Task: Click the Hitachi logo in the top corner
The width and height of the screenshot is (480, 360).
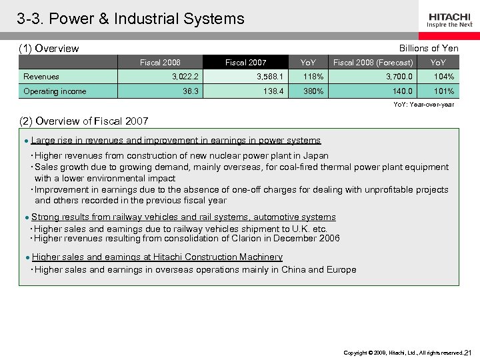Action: click(x=450, y=19)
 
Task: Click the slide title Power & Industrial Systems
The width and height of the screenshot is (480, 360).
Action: click(x=131, y=19)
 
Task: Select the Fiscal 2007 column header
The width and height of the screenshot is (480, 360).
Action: click(x=245, y=63)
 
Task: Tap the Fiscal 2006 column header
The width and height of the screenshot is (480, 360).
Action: click(x=160, y=63)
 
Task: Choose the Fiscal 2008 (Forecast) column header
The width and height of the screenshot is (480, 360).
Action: click(x=373, y=63)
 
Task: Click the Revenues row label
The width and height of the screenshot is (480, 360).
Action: click(x=41, y=77)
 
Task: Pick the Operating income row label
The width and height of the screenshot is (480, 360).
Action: click(x=55, y=91)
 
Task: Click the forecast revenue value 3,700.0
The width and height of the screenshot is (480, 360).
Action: click(x=399, y=77)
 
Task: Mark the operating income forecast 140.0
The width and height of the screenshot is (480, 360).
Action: click(x=402, y=91)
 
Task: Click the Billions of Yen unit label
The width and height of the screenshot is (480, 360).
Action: click(x=429, y=48)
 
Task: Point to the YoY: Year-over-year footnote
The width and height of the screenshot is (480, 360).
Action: click(x=423, y=104)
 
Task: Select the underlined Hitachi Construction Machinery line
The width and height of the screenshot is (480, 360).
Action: click(x=157, y=257)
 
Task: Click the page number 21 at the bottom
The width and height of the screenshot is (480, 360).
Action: click(x=467, y=353)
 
